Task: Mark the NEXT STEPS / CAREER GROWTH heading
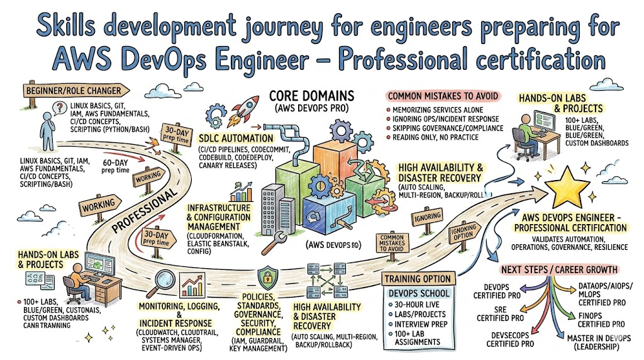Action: click(x=558, y=269)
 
